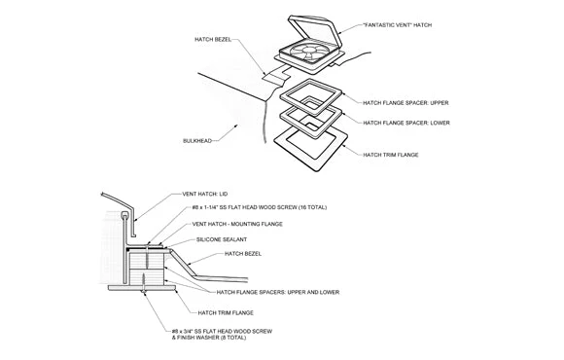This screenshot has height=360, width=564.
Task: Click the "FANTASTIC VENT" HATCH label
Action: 398,25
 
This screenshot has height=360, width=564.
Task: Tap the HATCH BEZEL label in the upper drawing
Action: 213,39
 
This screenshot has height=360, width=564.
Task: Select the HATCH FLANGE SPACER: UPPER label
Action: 405,103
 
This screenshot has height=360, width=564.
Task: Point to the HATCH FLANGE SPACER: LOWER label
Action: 406,123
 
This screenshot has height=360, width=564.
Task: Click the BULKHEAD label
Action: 197,141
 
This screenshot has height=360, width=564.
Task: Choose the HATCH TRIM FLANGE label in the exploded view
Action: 391,155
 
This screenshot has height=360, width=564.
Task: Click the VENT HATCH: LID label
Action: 204,194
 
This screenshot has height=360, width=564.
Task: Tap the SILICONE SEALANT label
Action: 222,239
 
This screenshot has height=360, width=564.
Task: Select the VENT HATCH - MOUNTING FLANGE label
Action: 237,224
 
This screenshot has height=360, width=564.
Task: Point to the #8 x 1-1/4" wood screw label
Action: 260,207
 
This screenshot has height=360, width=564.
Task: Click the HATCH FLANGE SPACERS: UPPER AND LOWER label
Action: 278,292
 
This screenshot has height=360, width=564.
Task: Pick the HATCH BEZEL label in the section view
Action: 243,254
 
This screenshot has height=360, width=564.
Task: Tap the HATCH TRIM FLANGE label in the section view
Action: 226,313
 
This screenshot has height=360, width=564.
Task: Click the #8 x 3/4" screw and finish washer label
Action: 222,335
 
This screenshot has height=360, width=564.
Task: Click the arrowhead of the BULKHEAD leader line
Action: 236,126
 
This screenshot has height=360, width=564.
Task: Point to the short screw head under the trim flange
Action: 144,291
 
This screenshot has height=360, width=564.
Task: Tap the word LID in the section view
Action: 224,194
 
